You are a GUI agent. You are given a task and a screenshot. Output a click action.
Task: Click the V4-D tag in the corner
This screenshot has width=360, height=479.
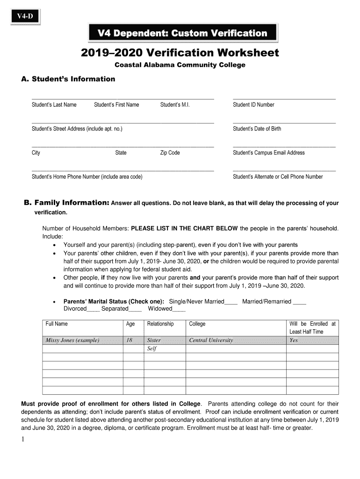click(x=25, y=17)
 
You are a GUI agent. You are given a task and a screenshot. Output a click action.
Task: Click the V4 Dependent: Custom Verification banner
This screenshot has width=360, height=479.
click(x=182, y=33)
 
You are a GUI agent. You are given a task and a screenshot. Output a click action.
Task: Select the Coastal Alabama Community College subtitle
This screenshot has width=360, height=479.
click(x=180, y=65)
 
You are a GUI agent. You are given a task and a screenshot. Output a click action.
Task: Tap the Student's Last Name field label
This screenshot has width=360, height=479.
click(x=54, y=105)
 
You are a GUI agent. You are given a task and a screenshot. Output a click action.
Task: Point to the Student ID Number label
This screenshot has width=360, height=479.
click(x=253, y=105)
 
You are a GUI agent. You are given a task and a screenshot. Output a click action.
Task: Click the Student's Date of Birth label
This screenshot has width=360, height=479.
click(x=257, y=129)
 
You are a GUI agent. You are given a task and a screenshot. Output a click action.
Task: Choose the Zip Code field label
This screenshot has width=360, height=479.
click(x=170, y=153)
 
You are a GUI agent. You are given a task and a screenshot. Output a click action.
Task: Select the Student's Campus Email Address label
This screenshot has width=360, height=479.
click(x=269, y=153)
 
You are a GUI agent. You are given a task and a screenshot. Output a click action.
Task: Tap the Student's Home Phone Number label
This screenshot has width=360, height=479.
click(x=87, y=177)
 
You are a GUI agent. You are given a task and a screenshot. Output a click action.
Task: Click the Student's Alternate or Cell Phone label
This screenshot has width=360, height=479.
click(x=278, y=177)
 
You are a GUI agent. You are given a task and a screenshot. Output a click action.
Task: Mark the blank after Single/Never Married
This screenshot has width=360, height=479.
click(x=231, y=302)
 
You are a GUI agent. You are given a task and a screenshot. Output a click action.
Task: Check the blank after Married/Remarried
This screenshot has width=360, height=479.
click(x=300, y=302)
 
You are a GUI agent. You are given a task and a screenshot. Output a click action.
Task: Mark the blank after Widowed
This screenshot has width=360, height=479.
click(x=179, y=309)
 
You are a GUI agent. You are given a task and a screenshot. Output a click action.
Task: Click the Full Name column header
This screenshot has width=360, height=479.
click(x=57, y=324)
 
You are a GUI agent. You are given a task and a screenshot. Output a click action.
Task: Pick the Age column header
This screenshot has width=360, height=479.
click(x=130, y=324)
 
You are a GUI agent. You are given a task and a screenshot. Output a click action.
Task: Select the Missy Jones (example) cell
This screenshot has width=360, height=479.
click(x=72, y=341)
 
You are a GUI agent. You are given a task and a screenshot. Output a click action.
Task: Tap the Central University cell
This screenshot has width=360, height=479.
click(x=211, y=341)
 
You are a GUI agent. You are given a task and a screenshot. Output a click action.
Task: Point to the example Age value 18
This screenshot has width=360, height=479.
click(x=129, y=341)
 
